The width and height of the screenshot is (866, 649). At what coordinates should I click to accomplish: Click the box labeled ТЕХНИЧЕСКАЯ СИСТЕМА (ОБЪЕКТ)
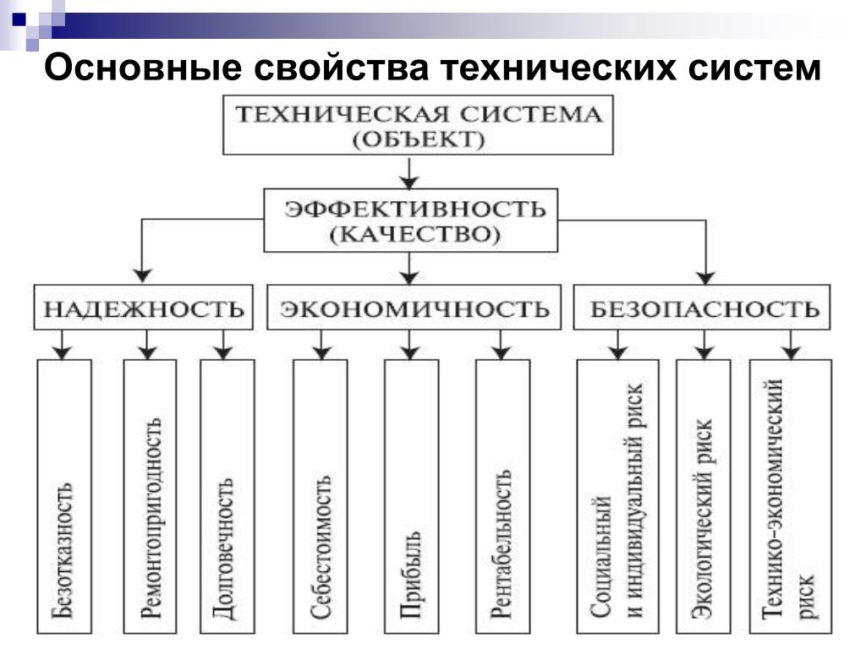tap(419, 126)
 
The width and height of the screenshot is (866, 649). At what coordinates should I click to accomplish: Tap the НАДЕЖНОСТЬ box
tap(144, 308)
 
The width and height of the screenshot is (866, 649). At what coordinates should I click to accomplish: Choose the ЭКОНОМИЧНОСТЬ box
tap(414, 308)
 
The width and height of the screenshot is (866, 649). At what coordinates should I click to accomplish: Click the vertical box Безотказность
tap(64, 497)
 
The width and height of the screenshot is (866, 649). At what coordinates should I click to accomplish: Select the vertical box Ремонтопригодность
tap(150, 497)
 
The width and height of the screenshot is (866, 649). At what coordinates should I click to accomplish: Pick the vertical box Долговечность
tap(227, 497)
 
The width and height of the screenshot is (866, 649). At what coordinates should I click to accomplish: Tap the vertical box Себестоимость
tap(320, 497)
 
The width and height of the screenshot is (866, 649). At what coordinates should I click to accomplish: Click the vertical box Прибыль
tap(411, 497)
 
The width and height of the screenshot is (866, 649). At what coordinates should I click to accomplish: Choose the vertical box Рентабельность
tap(502, 497)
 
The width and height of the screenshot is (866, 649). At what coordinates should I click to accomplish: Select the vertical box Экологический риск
tap(703, 497)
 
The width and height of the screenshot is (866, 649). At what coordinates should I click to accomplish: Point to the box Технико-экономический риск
tap(792, 497)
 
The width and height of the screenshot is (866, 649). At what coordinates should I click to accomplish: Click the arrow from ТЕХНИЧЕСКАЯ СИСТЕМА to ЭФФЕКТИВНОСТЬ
tap(411, 172)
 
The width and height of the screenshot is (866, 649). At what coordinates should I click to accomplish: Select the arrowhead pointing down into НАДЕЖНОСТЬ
tap(143, 275)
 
